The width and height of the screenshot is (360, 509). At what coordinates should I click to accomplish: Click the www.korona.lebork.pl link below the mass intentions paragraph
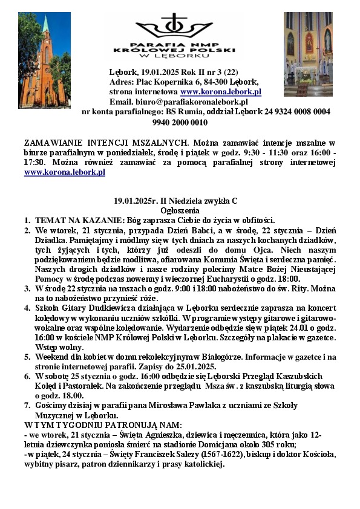pyautogui.click(x=65, y=172)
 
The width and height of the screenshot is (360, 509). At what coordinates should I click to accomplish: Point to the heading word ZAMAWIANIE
pyautogui.click(x=51, y=143)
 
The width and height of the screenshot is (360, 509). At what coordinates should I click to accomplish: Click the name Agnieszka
pyautogui.click(x=159, y=435)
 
